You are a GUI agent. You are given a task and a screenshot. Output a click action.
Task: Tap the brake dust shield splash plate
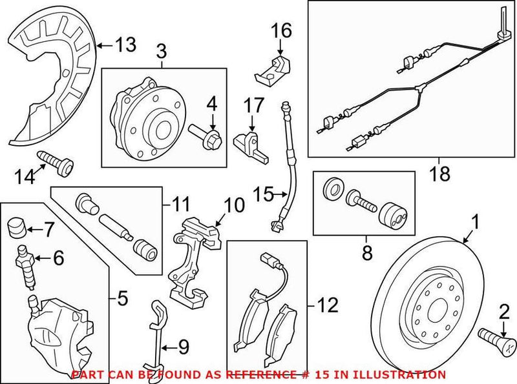coord(52,77)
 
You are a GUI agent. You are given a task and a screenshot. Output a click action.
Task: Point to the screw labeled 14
coord(58,162)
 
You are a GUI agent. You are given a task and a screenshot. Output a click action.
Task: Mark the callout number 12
coord(326,305)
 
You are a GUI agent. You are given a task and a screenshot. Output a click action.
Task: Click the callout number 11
coord(180,205)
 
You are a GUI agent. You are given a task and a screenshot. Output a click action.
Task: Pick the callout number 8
coord(366,255)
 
